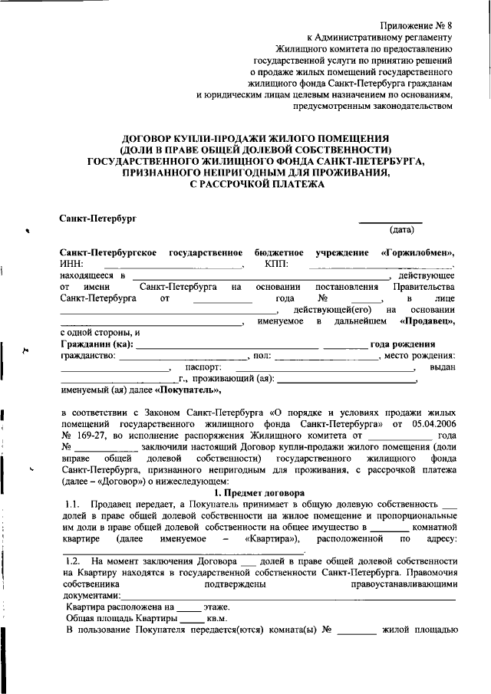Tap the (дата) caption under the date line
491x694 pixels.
(403, 229)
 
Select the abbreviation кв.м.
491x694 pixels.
(219, 618)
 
